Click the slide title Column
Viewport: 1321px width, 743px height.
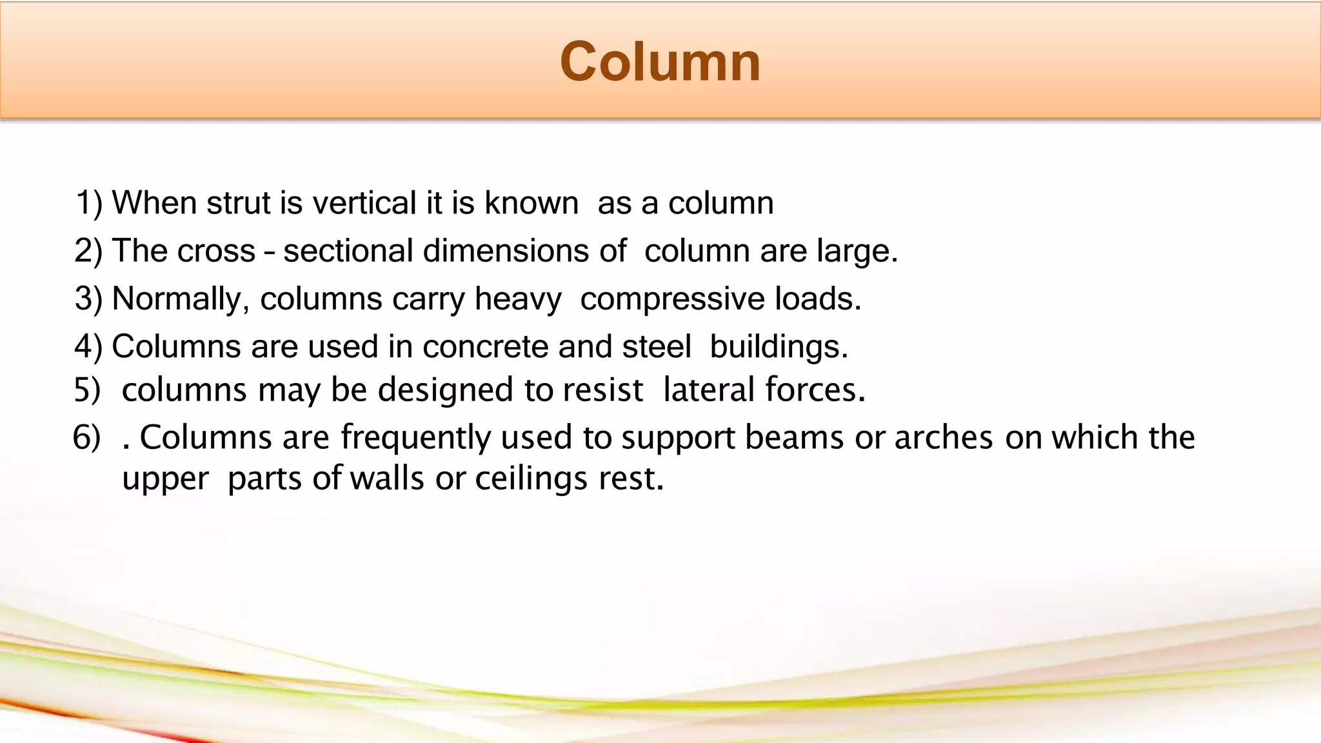660,62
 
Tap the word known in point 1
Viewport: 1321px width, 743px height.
531,203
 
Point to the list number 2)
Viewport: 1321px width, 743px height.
88,251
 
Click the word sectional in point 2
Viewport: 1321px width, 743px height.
348,251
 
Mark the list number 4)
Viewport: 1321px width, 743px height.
88,347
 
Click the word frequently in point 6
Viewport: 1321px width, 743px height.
415,439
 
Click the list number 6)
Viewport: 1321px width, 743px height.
86,439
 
